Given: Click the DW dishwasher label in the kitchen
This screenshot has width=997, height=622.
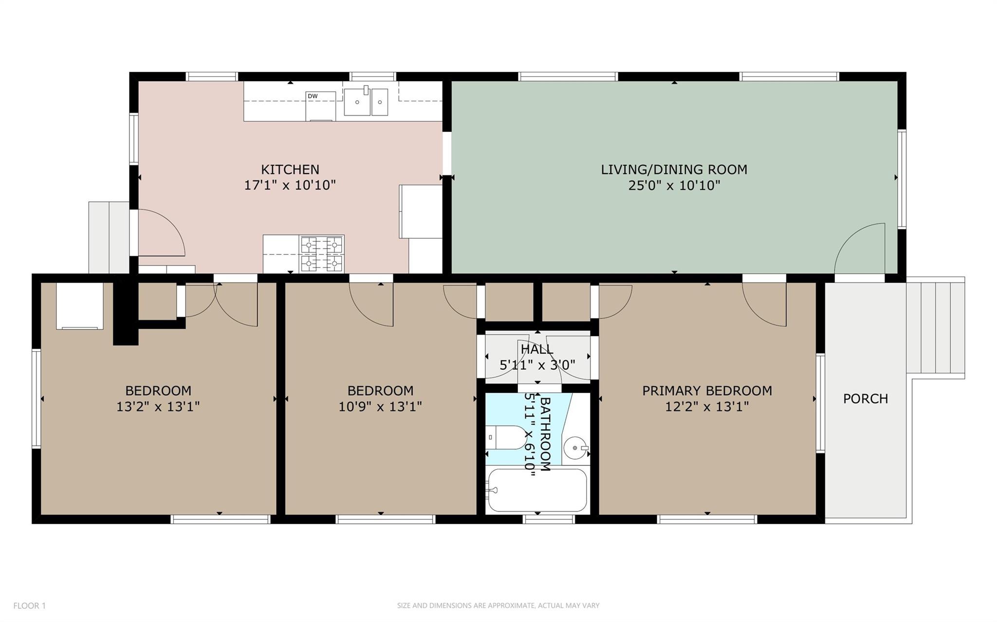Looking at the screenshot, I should (x=313, y=96).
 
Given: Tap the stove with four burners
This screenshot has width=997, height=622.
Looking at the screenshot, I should (x=322, y=254).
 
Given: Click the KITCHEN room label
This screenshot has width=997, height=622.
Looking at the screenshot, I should (x=290, y=170).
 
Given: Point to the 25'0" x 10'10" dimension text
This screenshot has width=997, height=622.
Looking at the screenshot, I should (x=674, y=185).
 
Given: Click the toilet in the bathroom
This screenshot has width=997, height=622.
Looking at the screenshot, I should (x=506, y=438).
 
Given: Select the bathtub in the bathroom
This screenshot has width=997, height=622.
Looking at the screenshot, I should (x=537, y=490).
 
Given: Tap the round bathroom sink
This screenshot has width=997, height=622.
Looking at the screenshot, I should (x=575, y=447).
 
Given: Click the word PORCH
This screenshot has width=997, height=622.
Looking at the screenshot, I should (x=865, y=399).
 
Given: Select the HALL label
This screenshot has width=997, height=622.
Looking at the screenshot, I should (x=537, y=349).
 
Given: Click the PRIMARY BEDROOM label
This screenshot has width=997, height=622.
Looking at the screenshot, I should (x=707, y=391).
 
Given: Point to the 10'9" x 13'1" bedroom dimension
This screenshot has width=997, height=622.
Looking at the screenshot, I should (x=380, y=407).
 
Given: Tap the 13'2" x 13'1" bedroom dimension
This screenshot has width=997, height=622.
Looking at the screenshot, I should (x=158, y=407).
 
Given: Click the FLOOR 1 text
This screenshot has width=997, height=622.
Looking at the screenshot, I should (x=29, y=605).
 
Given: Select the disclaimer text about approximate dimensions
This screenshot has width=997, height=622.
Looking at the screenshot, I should (x=498, y=605).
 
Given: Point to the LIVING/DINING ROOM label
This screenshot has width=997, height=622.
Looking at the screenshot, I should (x=674, y=170).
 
